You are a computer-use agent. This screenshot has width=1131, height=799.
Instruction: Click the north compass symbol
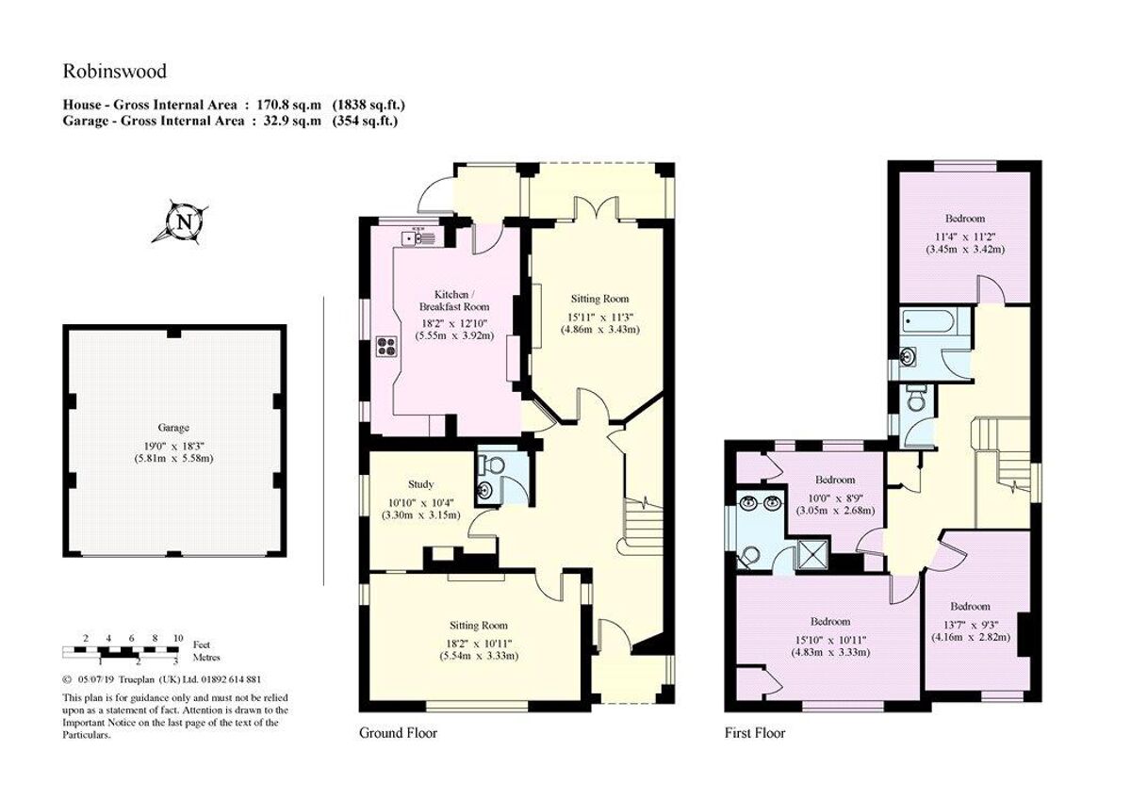[182, 222]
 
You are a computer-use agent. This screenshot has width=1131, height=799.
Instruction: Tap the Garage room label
[173, 427]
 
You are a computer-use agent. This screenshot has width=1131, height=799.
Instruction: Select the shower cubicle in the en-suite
[810, 554]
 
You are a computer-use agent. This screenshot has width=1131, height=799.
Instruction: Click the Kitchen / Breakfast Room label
[454, 300]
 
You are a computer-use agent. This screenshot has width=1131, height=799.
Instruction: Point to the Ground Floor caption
[398, 732]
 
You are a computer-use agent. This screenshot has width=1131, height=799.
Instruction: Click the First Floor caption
[755, 732]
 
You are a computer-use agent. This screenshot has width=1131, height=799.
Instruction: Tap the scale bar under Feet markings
[120, 651]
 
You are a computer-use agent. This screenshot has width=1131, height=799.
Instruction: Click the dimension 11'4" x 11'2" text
[966, 236]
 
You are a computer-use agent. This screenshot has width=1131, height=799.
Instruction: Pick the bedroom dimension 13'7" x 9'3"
[970, 622]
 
